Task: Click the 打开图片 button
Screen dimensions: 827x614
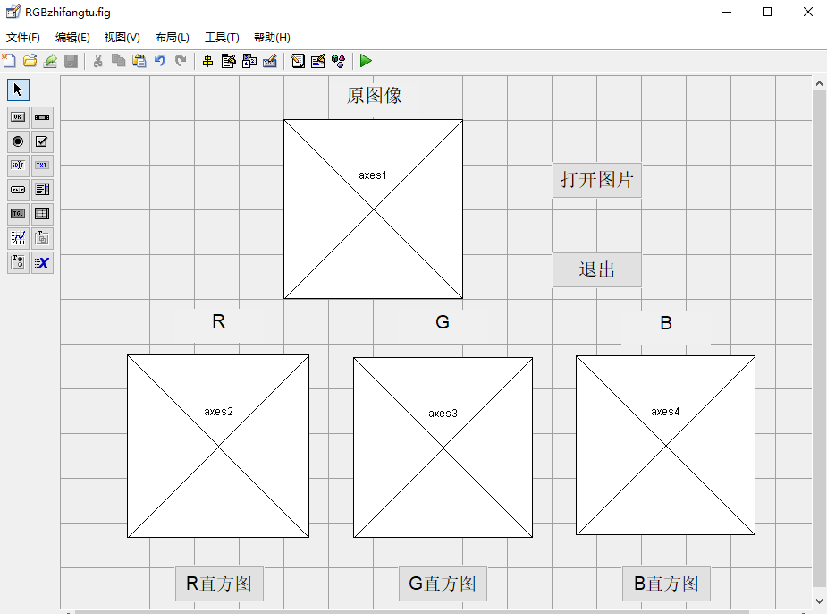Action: click(x=596, y=180)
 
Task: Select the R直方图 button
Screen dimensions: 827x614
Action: click(x=219, y=584)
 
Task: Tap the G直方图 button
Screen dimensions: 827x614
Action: click(x=443, y=584)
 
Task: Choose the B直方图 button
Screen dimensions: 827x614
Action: click(x=666, y=584)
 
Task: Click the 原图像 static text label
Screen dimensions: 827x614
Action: click(x=374, y=96)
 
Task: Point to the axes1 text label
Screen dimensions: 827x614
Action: click(x=373, y=175)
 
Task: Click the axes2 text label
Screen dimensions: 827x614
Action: click(x=218, y=412)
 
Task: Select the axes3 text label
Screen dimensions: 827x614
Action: click(x=443, y=414)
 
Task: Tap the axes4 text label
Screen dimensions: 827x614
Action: click(x=665, y=412)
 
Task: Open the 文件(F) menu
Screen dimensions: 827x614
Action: click(x=23, y=38)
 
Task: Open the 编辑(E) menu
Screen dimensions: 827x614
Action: click(x=72, y=38)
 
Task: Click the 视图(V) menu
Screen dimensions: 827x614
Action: click(x=122, y=38)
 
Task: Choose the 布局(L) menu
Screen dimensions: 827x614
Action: click(x=173, y=38)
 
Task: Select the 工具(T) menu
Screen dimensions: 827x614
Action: click(x=222, y=38)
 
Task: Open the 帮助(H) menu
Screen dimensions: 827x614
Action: click(x=272, y=38)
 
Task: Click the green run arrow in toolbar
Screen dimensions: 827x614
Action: click(x=366, y=61)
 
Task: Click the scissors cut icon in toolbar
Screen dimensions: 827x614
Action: click(x=97, y=61)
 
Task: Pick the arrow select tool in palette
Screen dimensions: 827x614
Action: click(x=18, y=90)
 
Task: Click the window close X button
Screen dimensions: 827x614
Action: click(x=807, y=12)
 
